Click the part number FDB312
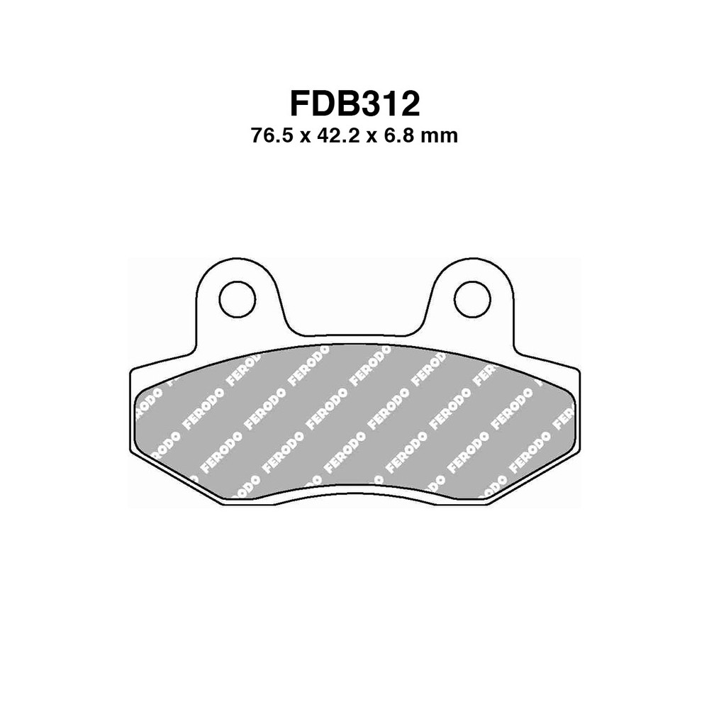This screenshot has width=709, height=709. (x=354, y=104)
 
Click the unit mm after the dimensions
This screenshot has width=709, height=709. (x=440, y=135)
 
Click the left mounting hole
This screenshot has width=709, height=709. (x=237, y=299)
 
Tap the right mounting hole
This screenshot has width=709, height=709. (x=471, y=299)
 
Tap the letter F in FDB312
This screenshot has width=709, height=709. (x=301, y=104)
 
